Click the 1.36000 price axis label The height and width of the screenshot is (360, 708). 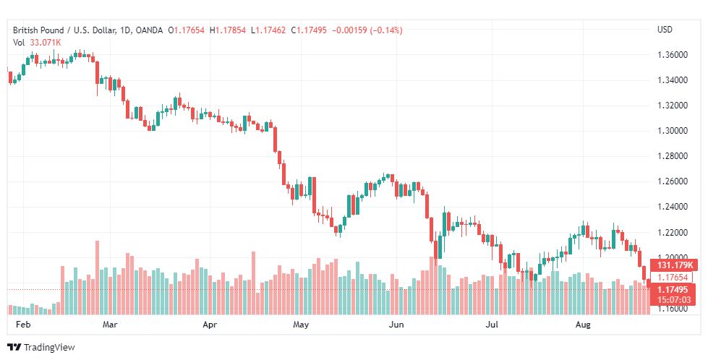(673, 55)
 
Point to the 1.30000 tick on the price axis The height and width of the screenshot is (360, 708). (673, 131)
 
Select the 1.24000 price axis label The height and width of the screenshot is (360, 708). (673, 207)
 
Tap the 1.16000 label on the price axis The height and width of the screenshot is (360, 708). (673, 309)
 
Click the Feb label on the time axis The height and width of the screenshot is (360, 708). (22, 325)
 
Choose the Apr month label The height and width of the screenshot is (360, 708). (210, 325)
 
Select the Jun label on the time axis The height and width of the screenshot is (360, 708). (396, 325)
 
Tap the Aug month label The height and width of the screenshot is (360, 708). (583, 325)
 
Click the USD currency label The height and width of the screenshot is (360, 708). (665, 30)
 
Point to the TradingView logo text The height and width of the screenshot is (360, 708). (49, 348)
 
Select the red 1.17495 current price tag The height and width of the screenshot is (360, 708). (673, 290)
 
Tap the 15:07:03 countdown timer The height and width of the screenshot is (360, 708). (673, 300)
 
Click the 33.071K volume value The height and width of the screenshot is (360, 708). (45, 43)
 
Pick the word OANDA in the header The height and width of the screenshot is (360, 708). (150, 30)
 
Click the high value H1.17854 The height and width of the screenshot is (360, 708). (228, 30)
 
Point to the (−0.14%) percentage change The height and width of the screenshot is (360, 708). (386, 30)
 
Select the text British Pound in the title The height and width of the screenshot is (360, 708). (38, 30)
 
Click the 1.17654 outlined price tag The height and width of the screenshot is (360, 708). (673, 278)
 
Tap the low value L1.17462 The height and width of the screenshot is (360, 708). (268, 30)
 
